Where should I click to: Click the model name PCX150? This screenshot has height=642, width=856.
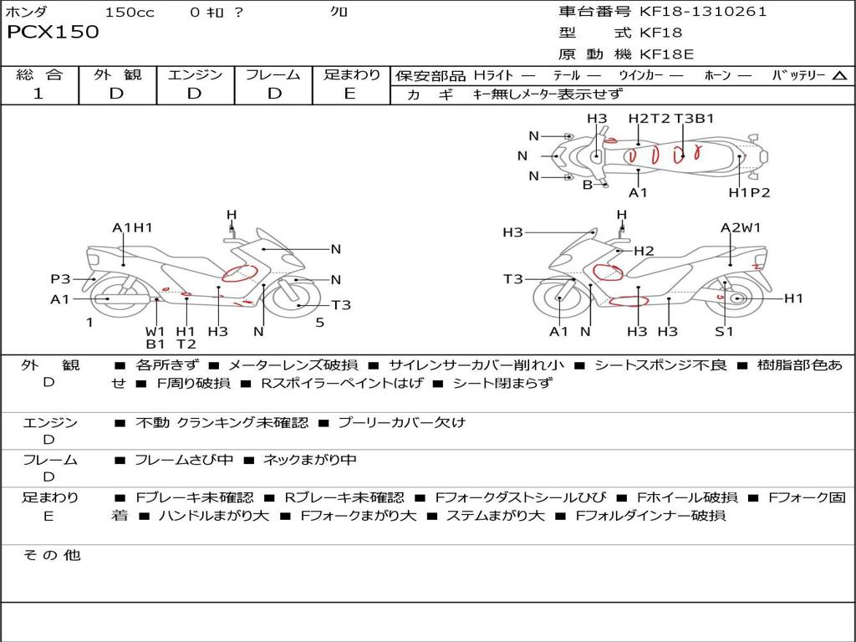pyautogui.click(x=53, y=32)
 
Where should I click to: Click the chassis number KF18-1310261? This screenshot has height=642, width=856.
pyautogui.click(x=703, y=12)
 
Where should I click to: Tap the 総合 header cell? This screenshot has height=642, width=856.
pyautogui.click(x=39, y=75)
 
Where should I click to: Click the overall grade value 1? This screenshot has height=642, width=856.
pyautogui.click(x=38, y=94)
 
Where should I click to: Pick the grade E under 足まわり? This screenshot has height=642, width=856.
pyautogui.click(x=350, y=94)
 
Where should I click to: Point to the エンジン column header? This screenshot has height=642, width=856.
pyautogui.click(x=195, y=75)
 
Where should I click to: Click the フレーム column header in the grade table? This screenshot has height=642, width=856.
pyautogui.click(x=273, y=75)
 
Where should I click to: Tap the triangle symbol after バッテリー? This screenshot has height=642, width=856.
pyautogui.click(x=839, y=76)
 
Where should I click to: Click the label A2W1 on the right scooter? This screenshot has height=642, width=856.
pyautogui.click(x=741, y=227)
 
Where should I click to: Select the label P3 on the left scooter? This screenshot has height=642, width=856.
pyautogui.click(x=60, y=279)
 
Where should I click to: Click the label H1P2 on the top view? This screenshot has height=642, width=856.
pyautogui.click(x=749, y=192)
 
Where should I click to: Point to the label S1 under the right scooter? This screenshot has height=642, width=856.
pyautogui.click(x=724, y=331)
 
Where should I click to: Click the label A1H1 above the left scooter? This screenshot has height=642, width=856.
pyautogui.click(x=133, y=227)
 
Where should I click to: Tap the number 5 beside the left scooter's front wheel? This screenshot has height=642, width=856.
pyautogui.click(x=319, y=322)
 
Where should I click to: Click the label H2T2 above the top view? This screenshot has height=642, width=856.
pyautogui.click(x=650, y=119)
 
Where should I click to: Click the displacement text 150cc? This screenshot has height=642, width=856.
pyautogui.click(x=130, y=12)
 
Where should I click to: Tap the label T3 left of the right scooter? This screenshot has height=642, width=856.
pyautogui.click(x=513, y=279)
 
